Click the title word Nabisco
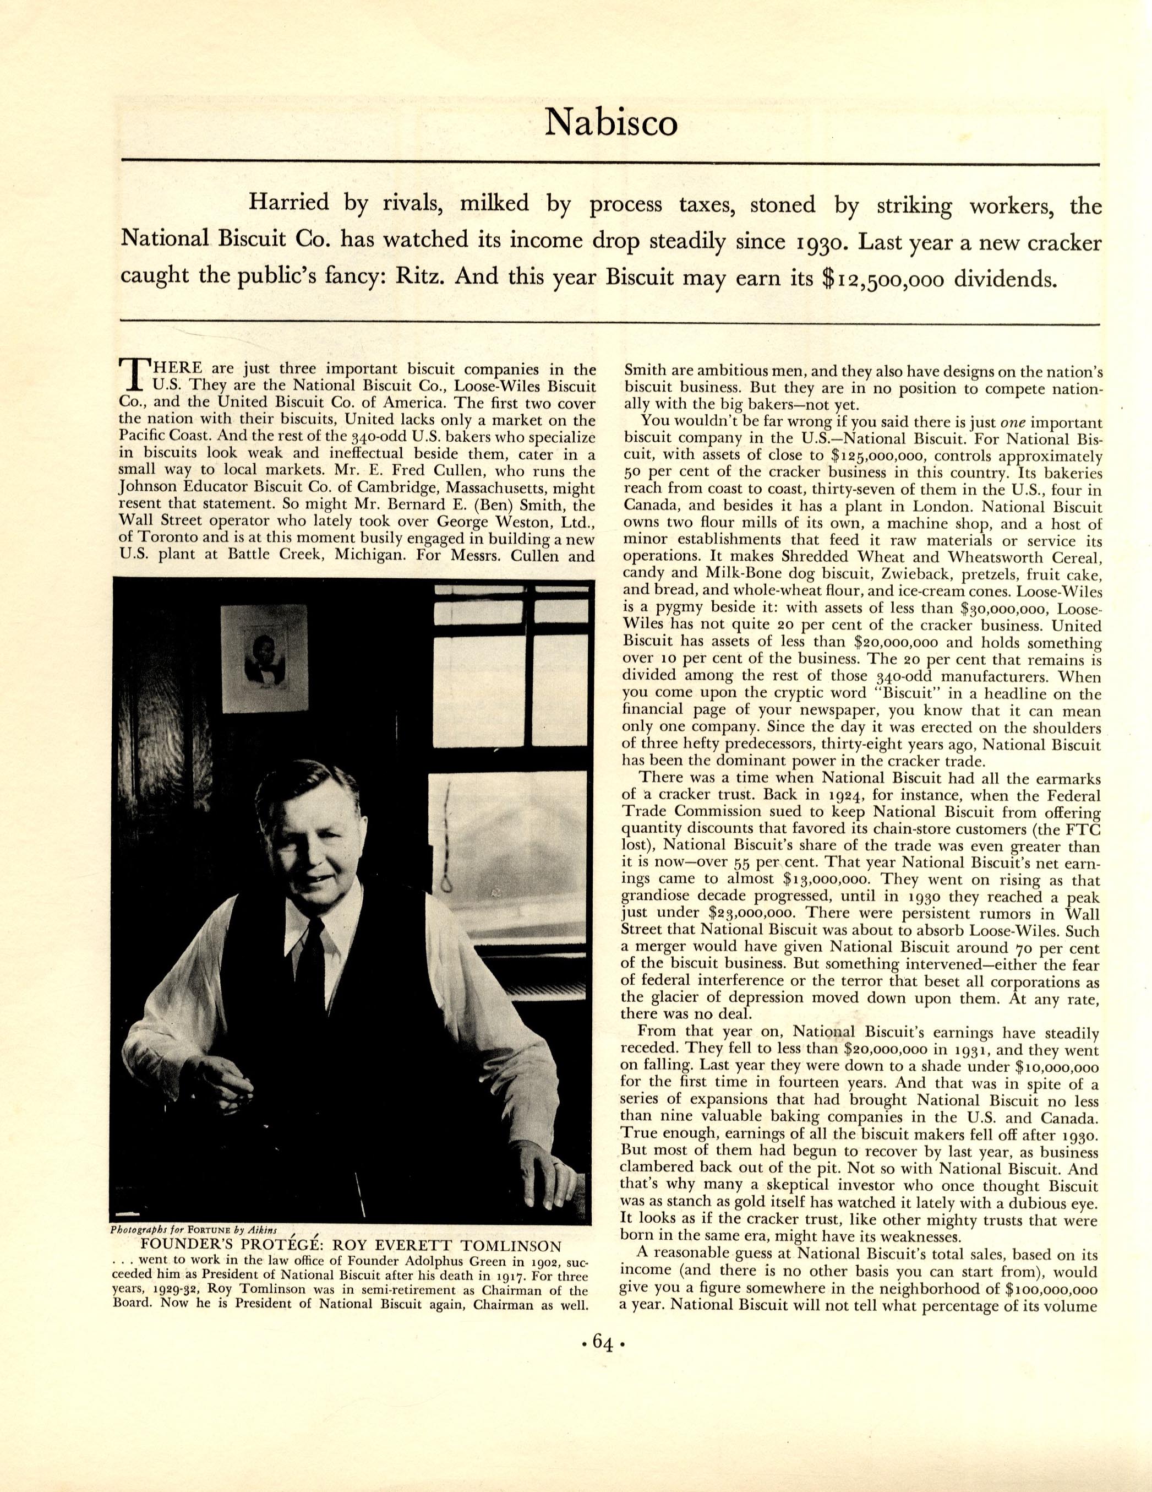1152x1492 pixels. point(610,123)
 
